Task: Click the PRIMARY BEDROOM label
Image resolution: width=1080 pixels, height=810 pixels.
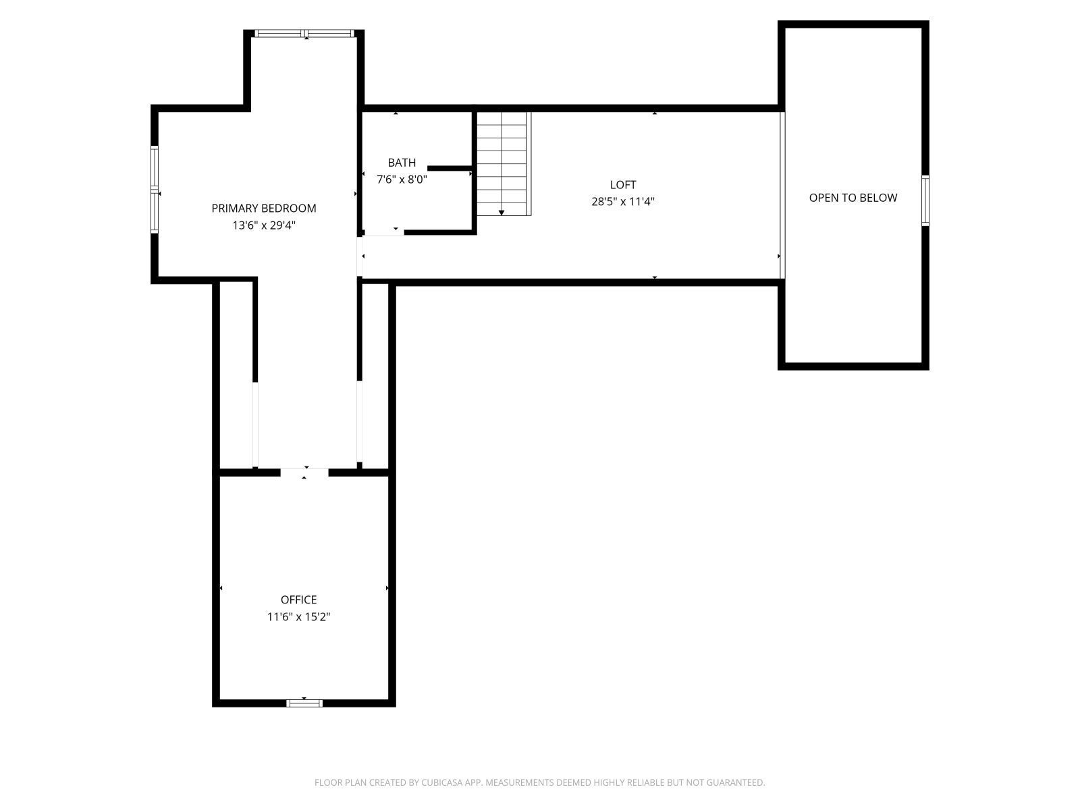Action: [263, 208]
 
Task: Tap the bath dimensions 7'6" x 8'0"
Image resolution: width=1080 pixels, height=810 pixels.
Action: [402, 180]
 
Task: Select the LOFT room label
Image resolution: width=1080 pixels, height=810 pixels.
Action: [622, 184]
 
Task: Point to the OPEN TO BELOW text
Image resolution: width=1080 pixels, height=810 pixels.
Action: [853, 198]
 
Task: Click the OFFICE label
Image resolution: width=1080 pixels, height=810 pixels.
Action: [298, 599]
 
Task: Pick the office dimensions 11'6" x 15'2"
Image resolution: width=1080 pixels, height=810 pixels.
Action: [298, 616]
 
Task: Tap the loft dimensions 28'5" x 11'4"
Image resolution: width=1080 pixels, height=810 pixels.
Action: [622, 201]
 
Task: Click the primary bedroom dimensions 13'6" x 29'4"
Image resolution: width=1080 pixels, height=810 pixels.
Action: [263, 225]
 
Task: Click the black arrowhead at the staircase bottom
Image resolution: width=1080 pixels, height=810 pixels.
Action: [502, 213]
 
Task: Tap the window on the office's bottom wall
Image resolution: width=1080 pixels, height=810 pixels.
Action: [304, 703]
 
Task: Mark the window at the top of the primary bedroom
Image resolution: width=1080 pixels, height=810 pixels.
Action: [304, 33]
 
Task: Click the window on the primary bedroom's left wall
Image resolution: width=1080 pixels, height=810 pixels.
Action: [155, 190]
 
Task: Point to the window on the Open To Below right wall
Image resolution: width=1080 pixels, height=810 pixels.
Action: [925, 200]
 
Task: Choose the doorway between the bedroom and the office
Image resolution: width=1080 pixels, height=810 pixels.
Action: [304, 472]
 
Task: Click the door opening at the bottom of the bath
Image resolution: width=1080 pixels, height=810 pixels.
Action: [383, 232]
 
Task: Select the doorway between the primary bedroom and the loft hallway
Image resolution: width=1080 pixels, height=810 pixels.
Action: [360, 256]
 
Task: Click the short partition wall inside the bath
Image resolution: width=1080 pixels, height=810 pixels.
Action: [450, 167]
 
